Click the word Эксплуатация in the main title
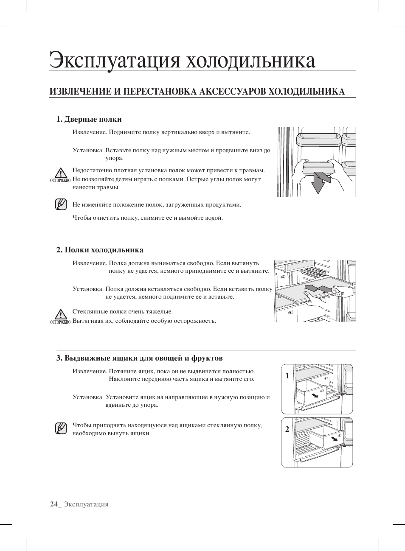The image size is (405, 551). tap(115, 60)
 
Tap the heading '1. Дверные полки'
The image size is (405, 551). tap(89, 119)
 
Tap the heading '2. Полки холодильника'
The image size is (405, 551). tap(100, 250)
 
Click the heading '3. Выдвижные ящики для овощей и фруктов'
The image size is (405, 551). tap(140, 358)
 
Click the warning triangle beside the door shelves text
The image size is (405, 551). tap(61, 173)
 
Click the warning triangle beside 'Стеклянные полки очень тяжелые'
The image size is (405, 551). tap(61, 314)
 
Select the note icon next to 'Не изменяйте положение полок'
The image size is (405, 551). tap(61, 204)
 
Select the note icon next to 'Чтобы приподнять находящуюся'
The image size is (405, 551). tap(61, 428)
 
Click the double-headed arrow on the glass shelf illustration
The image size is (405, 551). tap(318, 289)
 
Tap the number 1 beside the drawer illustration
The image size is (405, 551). tap(287, 376)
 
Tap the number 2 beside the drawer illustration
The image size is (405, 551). tap(287, 429)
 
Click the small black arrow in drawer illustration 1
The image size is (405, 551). tap(315, 395)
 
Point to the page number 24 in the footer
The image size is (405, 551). tap(54, 504)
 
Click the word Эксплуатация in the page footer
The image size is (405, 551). tap(86, 504)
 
